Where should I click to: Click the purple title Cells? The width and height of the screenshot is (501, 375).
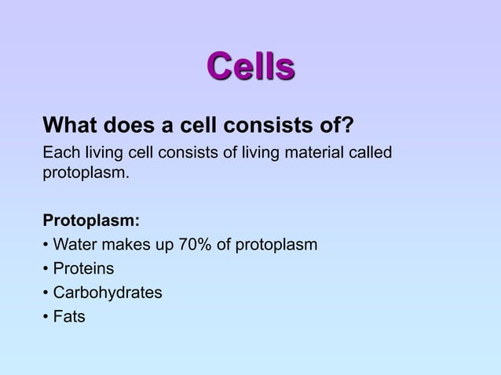[251, 67]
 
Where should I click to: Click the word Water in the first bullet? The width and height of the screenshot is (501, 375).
[74, 245]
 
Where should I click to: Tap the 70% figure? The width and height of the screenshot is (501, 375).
[196, 245]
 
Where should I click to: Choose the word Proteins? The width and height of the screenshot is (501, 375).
[82, 269]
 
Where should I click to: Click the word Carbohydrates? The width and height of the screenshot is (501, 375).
[108, 293]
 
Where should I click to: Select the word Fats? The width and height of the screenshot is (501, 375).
[68, 317]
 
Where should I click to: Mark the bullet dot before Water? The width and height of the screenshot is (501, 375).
[46, 246]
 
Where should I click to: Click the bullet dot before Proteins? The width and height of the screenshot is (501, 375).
[46, 270]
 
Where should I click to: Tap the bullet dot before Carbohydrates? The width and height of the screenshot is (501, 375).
[46, 293]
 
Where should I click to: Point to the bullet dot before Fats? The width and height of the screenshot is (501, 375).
[46, 318]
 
